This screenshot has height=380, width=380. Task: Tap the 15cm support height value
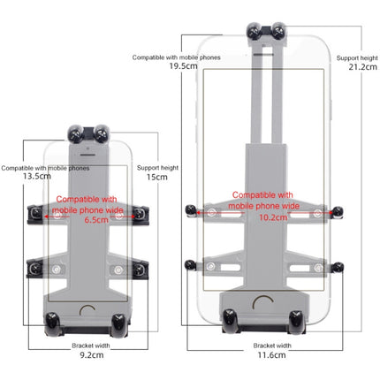pos(156,176)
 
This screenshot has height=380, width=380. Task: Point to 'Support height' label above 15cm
pos(156,165)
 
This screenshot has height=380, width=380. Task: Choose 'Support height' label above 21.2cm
pos(358,56)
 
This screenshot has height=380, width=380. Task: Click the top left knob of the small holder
pos(77,133)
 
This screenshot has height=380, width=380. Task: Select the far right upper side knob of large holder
pos(338,210)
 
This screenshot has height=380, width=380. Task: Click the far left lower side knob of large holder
pos(189,263)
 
